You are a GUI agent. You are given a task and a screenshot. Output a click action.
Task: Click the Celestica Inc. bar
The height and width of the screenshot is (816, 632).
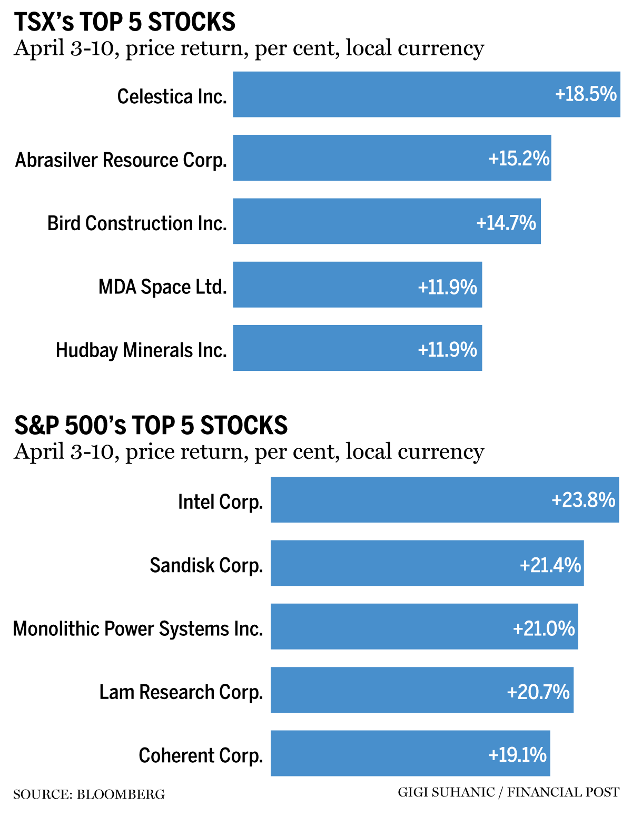coord(390,94)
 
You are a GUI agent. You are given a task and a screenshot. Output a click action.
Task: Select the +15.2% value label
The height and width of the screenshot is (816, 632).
coord(519,158)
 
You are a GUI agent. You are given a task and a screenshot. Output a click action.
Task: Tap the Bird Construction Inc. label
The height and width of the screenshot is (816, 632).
coord(137,223)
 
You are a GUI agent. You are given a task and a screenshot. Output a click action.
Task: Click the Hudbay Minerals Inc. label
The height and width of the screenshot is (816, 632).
coord(141,350)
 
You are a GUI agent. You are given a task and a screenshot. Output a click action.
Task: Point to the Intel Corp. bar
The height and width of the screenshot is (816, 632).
coord(411,499)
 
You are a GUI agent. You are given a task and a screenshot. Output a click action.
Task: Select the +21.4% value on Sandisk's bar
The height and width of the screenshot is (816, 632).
coord(550,565)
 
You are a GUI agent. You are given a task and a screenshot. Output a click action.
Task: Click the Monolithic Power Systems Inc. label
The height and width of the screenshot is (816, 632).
coord(138,628)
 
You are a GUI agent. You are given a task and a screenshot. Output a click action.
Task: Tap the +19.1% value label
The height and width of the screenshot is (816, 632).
coord(518,755)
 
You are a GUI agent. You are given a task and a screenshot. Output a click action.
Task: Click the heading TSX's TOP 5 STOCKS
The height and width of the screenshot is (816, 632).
coord(124,22)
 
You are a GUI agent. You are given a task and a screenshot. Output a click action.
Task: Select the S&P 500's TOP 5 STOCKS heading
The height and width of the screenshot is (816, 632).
coord(151,426)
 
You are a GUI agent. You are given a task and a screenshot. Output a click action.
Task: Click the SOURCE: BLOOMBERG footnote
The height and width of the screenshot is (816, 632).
coord(89,794)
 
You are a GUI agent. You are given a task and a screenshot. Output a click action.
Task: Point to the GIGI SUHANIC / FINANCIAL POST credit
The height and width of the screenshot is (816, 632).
coord(508,792)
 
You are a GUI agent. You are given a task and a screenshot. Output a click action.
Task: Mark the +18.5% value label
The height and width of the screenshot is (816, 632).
coord(586,94)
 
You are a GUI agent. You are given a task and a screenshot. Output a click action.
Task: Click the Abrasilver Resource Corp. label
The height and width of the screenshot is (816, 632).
coord(121,160)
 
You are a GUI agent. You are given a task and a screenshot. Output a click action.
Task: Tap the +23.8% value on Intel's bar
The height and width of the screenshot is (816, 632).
coord(583,499)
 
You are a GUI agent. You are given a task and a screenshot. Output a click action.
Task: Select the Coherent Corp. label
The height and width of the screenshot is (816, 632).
coord(201,755)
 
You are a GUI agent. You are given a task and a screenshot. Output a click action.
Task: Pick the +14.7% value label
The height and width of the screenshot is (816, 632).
coord(506,223)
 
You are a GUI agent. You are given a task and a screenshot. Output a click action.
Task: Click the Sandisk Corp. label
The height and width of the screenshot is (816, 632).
coord(206,565)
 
